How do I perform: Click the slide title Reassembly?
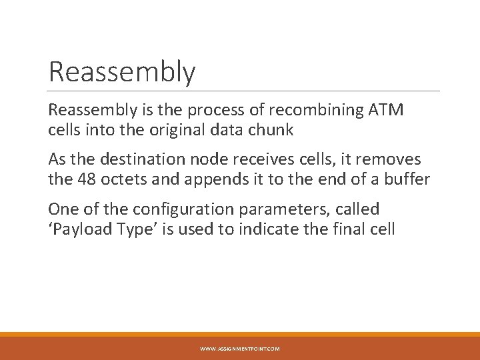(x=122, y=72)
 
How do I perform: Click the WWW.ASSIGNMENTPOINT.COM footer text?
(x=240, y=349)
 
